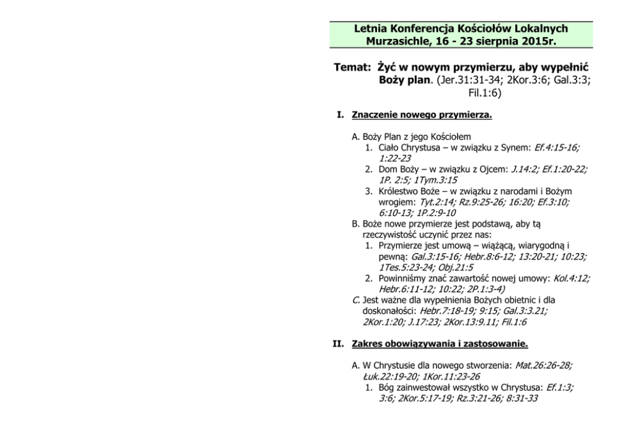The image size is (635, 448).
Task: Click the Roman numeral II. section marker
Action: (x=340, y=344)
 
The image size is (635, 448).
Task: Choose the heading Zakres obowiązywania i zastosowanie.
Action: (x=440, y=344)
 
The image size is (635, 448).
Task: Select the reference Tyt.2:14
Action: (x=437, y=202)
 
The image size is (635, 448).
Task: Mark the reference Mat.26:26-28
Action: (x=543, y=366)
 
